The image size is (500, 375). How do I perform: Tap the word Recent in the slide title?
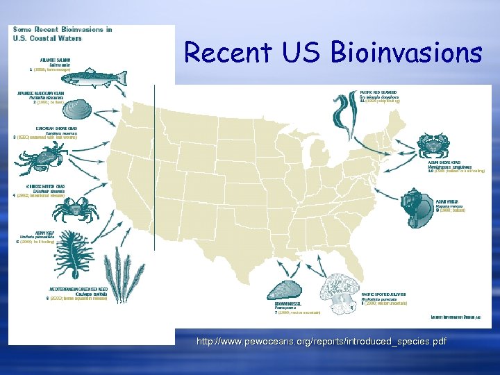(222, 53)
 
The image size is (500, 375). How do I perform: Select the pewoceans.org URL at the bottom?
(321, 342)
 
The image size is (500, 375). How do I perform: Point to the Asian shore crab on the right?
(436, 147)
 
